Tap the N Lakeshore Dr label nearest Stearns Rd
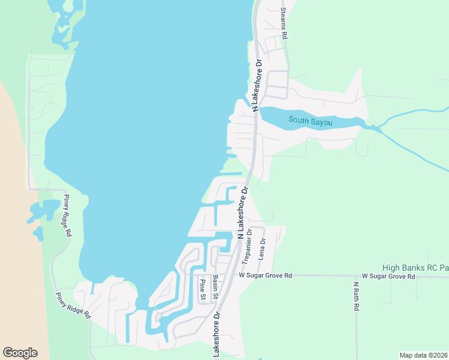(x=258, y=85)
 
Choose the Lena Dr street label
(x=262, y=248)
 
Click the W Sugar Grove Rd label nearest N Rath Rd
(x=385, y=277)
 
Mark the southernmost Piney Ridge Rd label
(x=73, y=305)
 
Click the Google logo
(x=20, y=353)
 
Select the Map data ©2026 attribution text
(x=423, y=355)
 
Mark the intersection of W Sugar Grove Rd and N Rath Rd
(x=357, y=276)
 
